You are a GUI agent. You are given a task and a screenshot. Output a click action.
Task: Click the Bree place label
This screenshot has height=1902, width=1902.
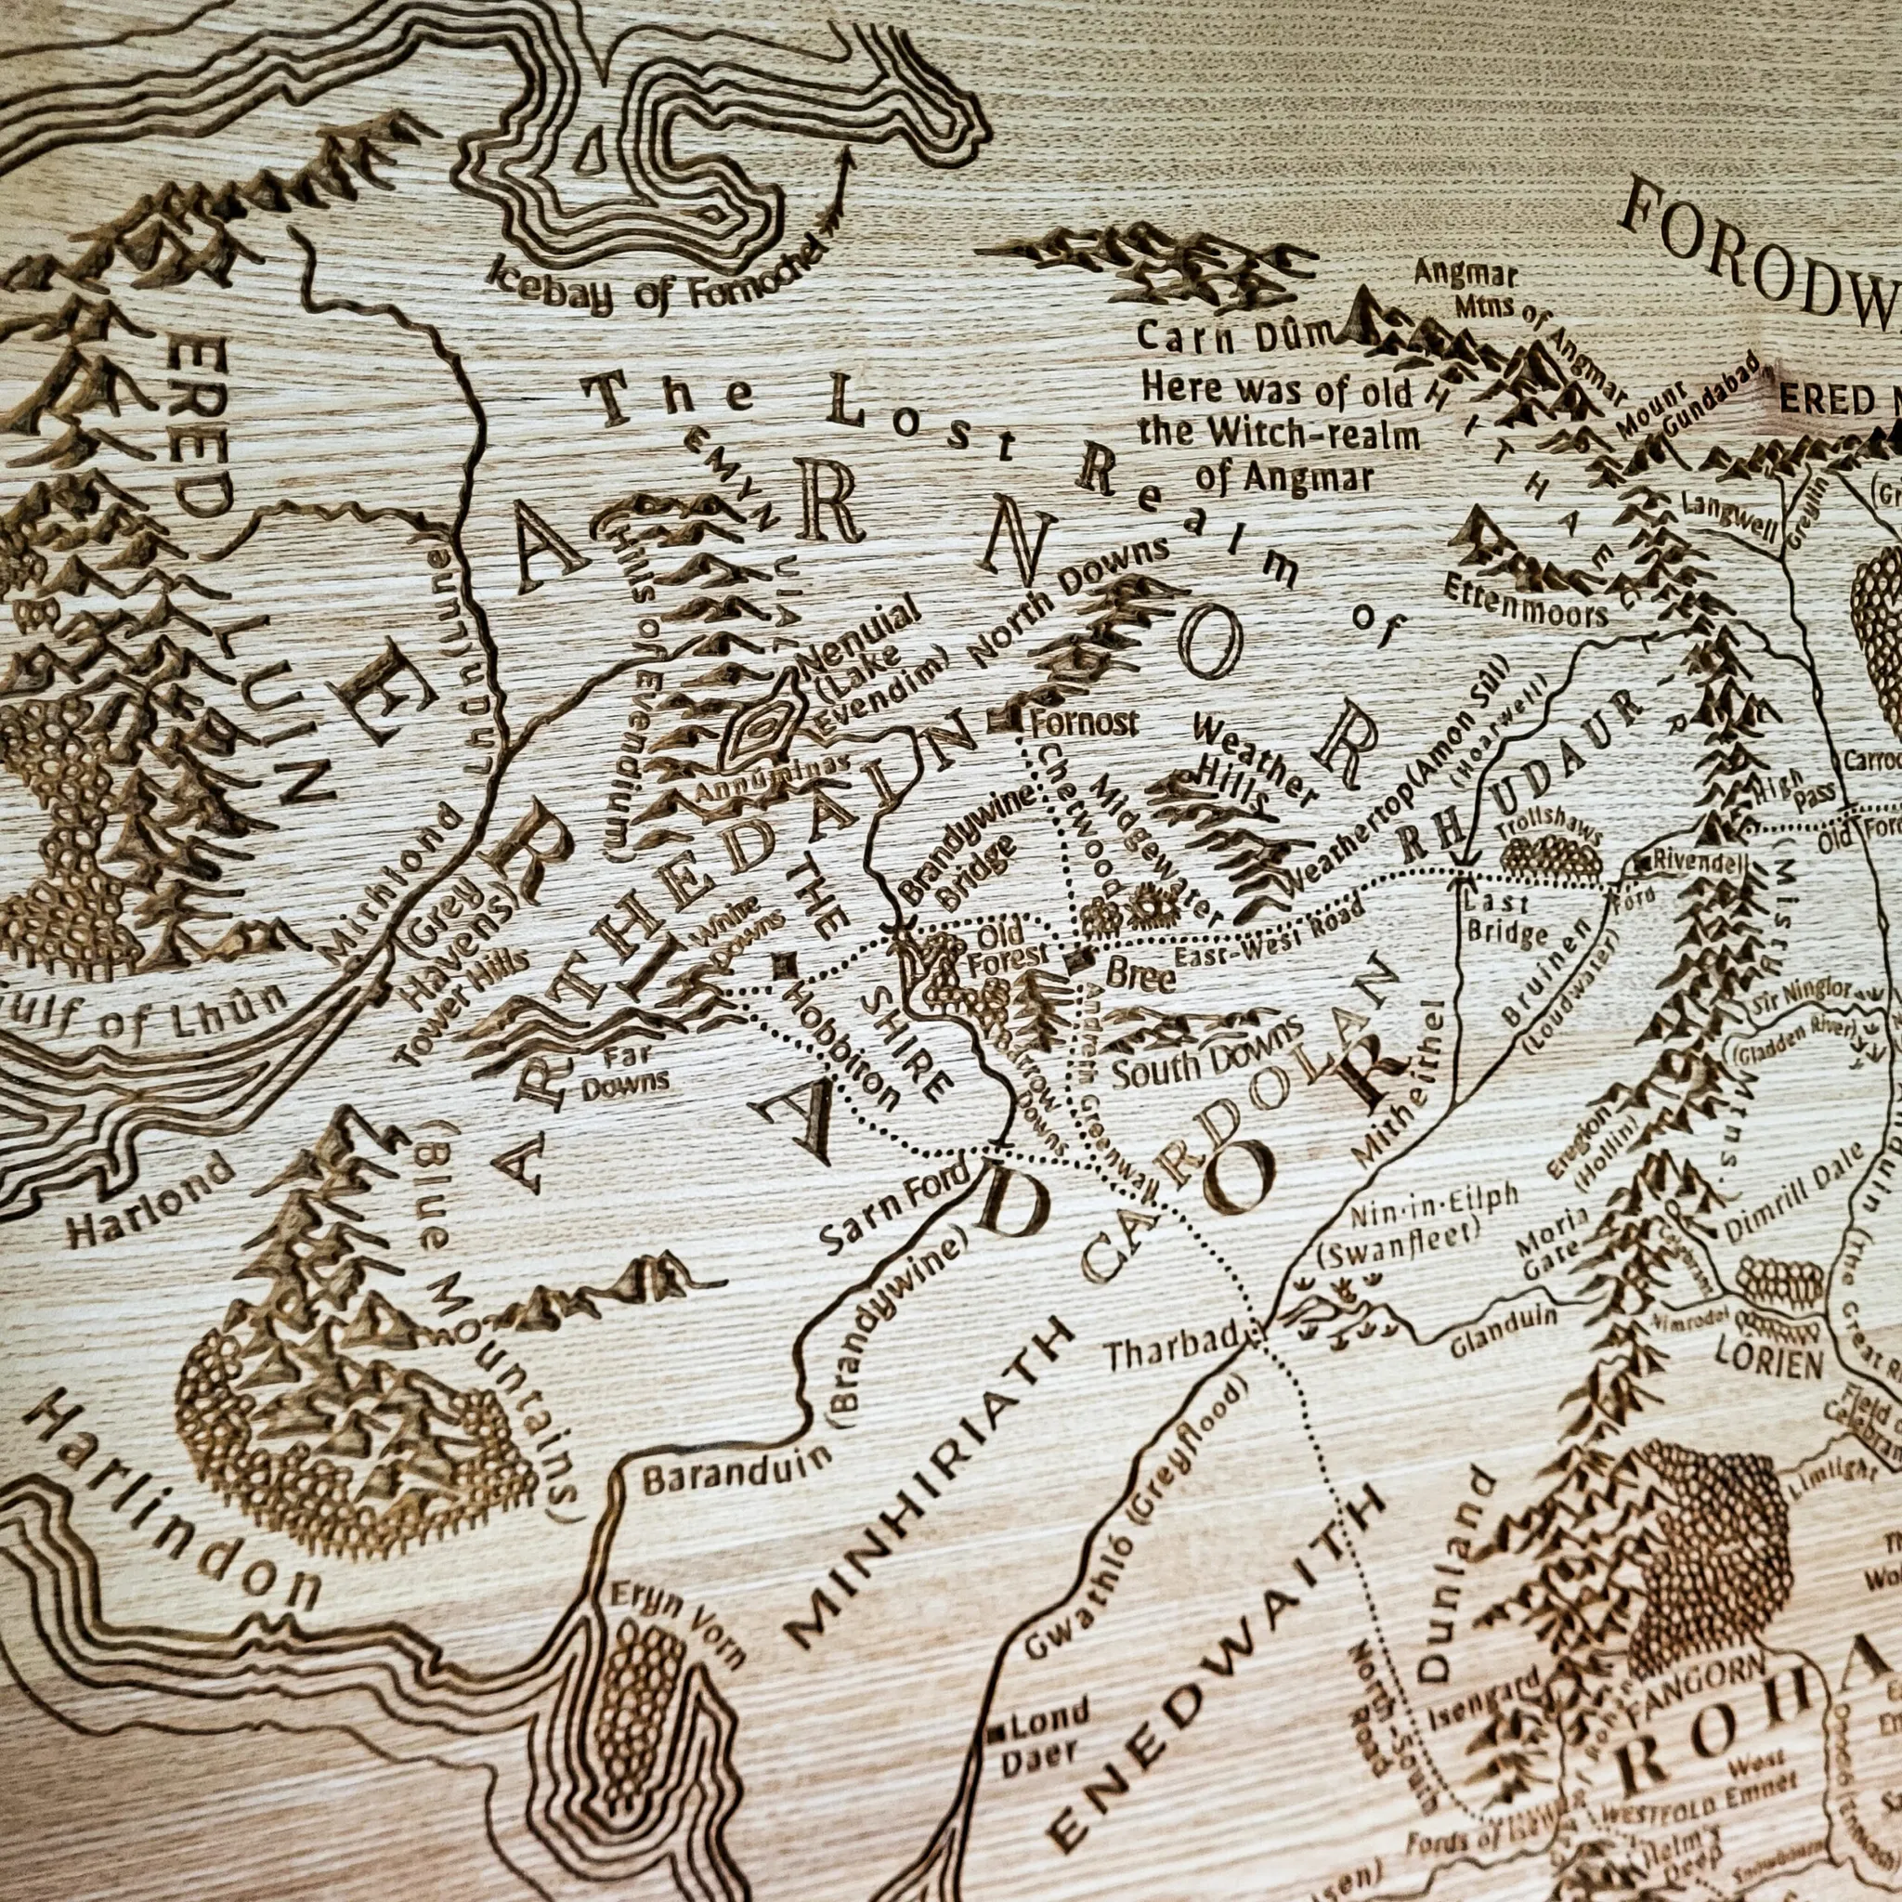click(1141, 976)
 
